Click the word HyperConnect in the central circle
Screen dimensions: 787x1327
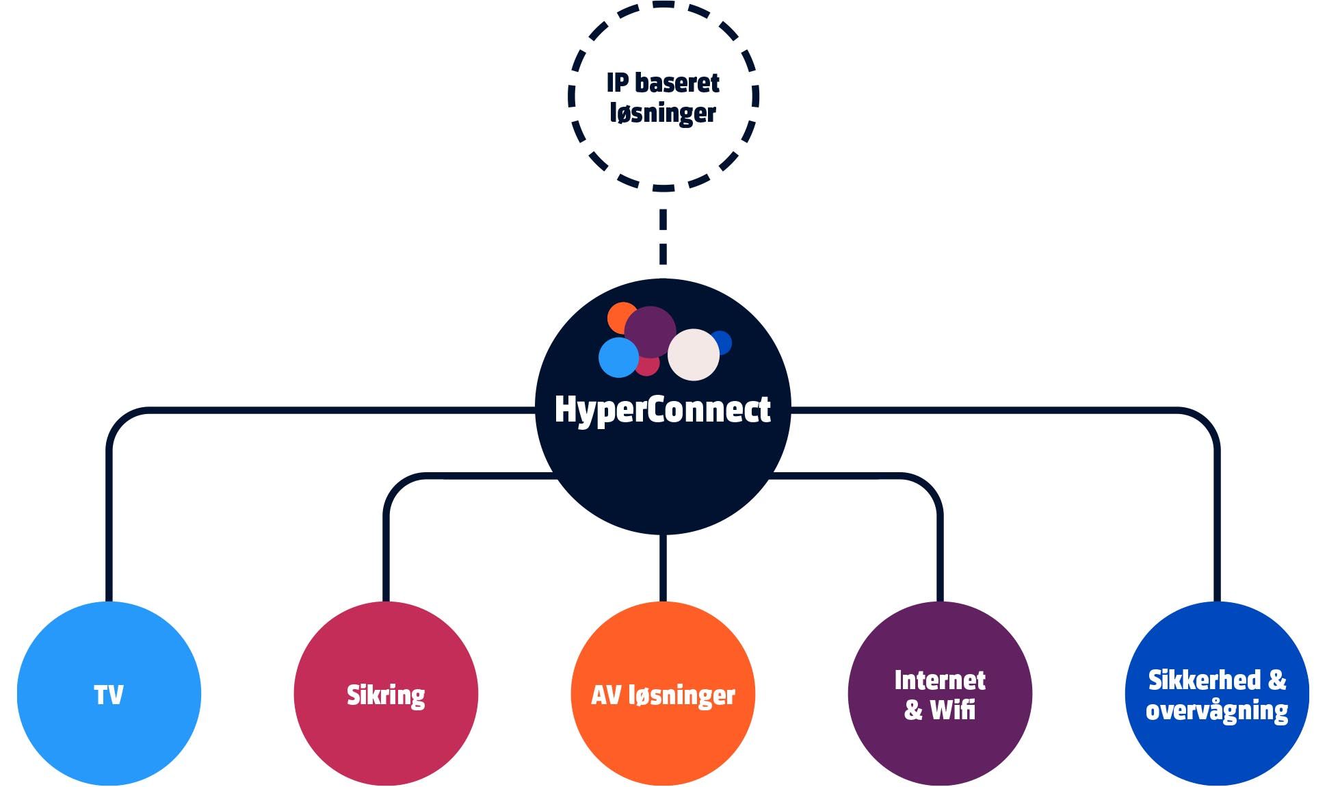click(662, 409)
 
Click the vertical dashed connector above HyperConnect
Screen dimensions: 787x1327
click(663, 236)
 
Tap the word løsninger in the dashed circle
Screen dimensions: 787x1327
click(662, 114)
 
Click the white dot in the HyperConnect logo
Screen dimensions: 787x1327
click(694, 354)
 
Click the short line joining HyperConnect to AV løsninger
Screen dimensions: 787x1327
click(663, 568)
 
